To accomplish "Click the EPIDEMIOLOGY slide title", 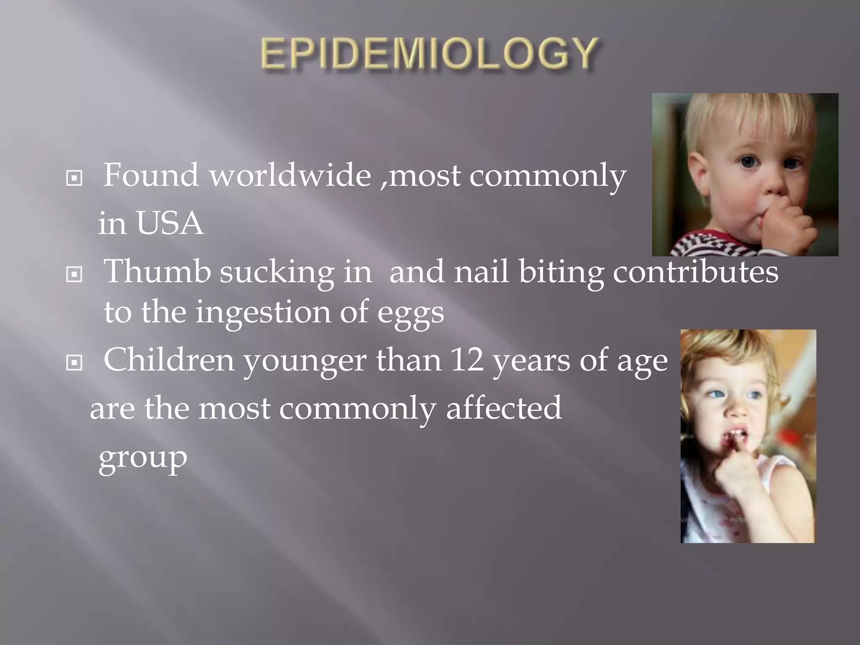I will (429, 54).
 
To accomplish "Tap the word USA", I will (169, 223).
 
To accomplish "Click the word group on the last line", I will (143, 458).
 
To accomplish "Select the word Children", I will (168, 360).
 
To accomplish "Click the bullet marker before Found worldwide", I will (74, 178).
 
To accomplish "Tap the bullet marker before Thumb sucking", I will (74, 275).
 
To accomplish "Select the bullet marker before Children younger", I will (74, 362).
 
